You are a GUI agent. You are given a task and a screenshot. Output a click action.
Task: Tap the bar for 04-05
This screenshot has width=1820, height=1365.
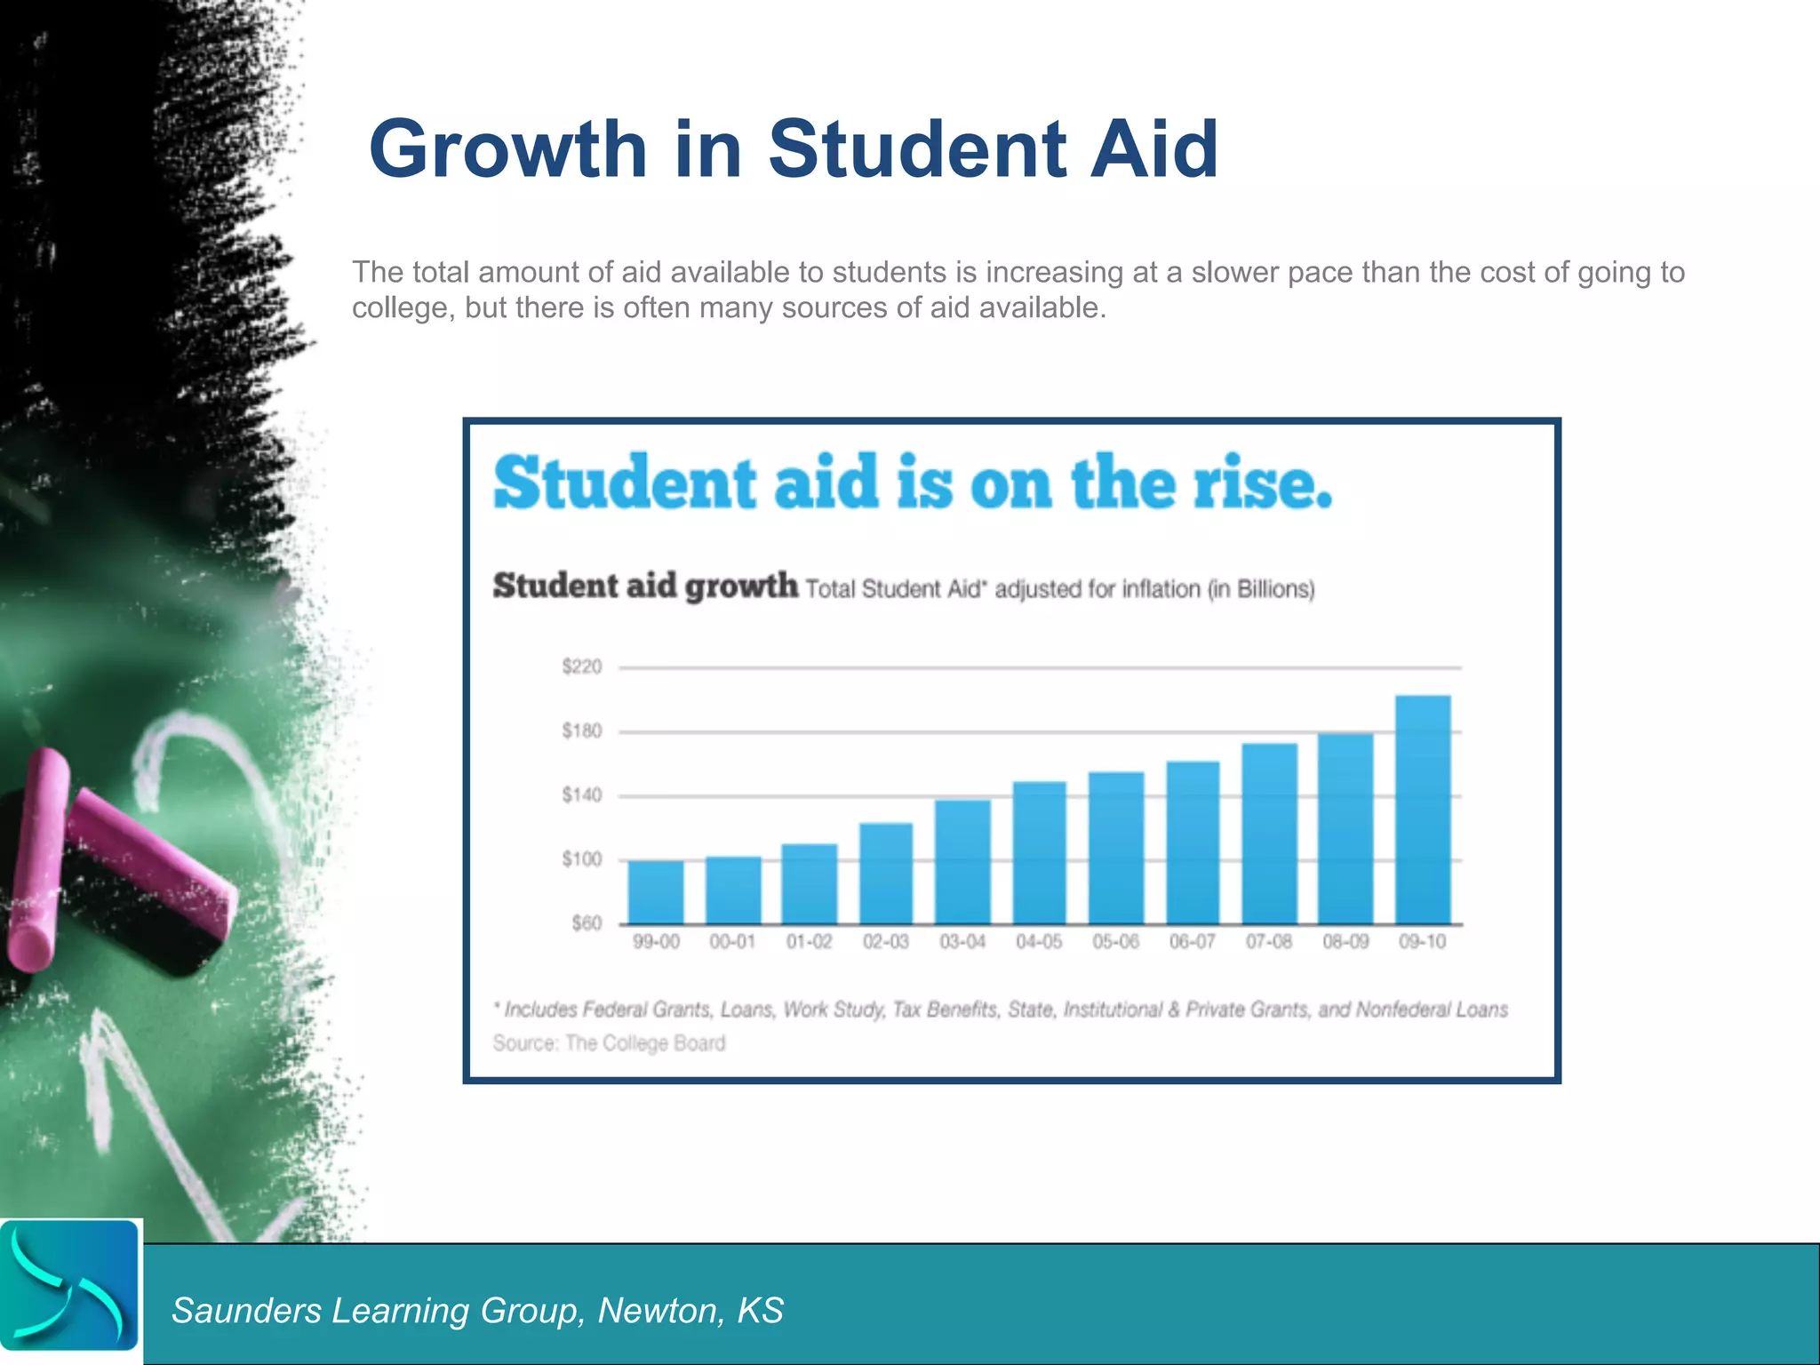(1039, 852)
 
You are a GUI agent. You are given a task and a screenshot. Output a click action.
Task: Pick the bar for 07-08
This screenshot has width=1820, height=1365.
(1269, 833)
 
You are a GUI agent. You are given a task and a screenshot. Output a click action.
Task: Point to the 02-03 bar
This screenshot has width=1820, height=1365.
(886, 873)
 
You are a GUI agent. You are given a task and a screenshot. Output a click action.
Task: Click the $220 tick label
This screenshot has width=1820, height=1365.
(582, 667)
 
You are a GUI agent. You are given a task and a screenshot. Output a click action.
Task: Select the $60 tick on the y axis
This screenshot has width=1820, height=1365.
(587, 923)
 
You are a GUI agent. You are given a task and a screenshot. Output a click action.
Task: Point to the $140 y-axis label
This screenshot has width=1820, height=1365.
(582, 795)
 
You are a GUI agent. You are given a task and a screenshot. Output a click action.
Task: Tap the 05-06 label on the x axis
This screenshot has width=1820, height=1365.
(1115, 942)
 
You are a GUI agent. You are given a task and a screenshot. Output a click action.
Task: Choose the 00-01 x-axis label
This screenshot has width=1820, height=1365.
(732, 942)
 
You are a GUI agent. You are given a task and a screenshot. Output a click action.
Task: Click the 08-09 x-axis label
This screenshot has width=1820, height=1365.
(1345, 942)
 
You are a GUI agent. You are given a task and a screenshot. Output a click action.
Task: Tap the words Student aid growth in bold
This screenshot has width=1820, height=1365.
(645, 587)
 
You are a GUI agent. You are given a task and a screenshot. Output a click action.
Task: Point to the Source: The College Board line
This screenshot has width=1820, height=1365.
(609, 1043)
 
